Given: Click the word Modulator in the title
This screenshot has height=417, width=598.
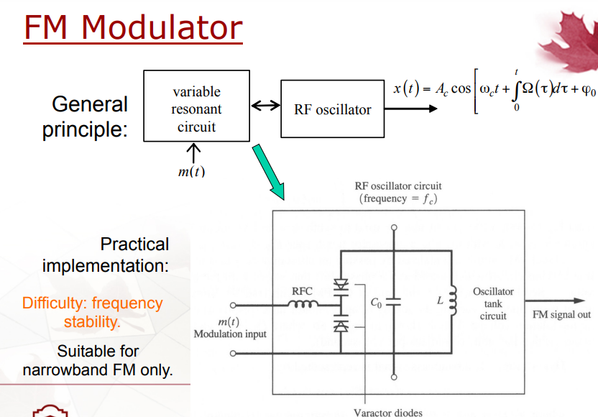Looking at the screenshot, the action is tap(162, 27).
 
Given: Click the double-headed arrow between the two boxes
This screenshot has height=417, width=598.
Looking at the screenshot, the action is tap(265, 105).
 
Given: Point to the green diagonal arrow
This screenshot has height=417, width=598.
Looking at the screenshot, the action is tap(269, 172).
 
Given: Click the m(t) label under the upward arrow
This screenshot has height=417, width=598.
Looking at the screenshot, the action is tap(191, 172).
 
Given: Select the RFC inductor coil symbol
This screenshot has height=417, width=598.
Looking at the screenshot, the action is tap(303, 303).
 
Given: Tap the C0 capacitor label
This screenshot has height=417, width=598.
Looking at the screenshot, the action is tap(376, 303).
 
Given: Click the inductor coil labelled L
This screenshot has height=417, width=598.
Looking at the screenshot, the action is tap(453, 301).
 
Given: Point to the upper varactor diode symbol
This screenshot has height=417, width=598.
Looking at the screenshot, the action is tap(341, 285).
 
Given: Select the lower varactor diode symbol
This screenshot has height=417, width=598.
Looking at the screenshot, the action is tap(341, 326).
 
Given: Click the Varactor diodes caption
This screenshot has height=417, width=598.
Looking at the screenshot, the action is tap(388, 413).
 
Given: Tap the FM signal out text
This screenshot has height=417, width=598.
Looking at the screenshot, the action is tap(561, 314).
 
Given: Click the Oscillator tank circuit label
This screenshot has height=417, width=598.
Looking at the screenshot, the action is tap(493, 303).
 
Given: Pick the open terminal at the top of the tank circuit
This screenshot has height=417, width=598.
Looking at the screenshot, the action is tap(394, 227).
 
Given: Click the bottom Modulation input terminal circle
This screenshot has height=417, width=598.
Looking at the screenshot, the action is tap(233, 353).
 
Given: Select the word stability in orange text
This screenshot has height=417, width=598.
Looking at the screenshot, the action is tap(92, 321).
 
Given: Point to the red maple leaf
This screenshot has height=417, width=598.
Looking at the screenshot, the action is tap(569, 40).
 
